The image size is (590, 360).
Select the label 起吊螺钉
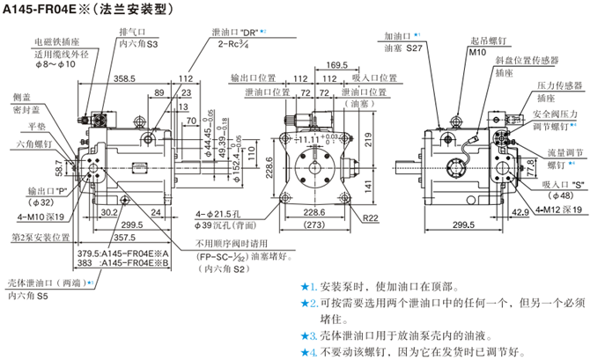pos(488,40)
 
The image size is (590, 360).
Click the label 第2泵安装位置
pos(41,238)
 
